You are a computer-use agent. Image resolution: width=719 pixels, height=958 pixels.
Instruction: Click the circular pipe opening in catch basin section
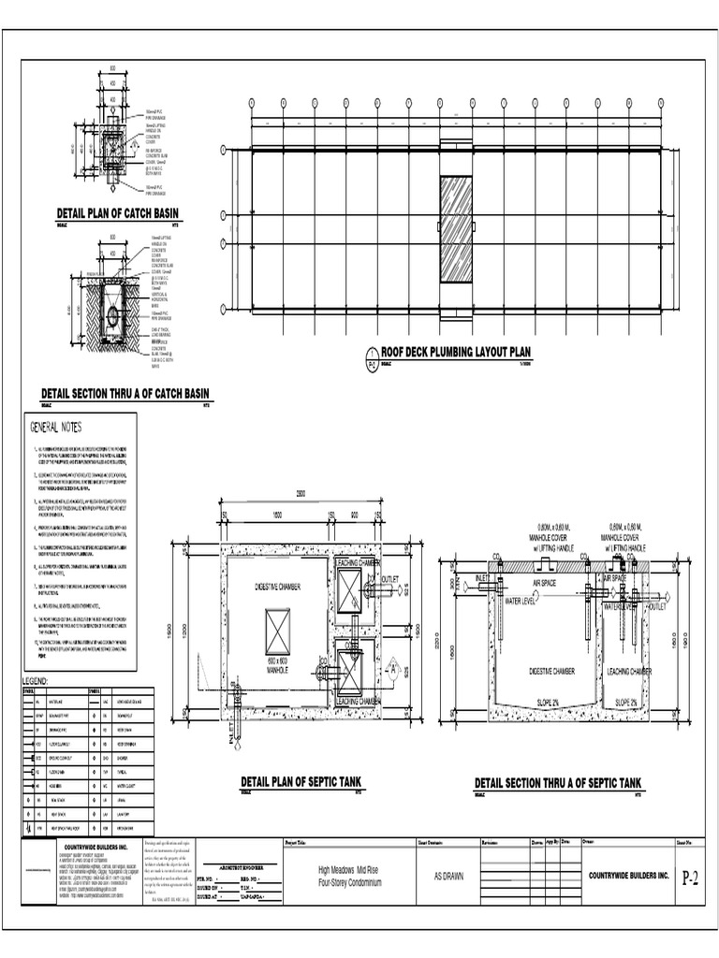pyautogui.click(x=113, y=316)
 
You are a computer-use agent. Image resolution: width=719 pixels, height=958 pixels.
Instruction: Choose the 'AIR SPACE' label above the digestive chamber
pyautogui.click(x=546, y=582)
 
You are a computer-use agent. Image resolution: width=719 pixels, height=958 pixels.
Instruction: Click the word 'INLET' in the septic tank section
pyautogui.click(x=484, y=579)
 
